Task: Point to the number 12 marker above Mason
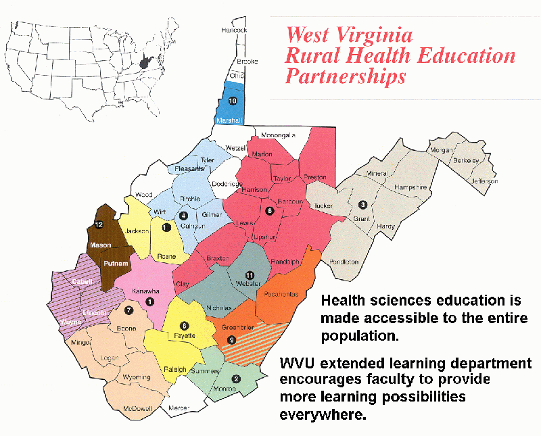tap(98, 224)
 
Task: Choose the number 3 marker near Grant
tap(362, 204)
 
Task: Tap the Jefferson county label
tap(484, 181)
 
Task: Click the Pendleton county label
tap(344, 262)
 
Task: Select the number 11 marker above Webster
tap(249, 275)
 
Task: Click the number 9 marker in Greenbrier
tap(231, 339)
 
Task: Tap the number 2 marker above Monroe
tap(235, 379)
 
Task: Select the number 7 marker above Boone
tap(128, 309)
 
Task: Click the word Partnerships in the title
tap(346, 76)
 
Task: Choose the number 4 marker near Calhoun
tap(183, 216)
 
